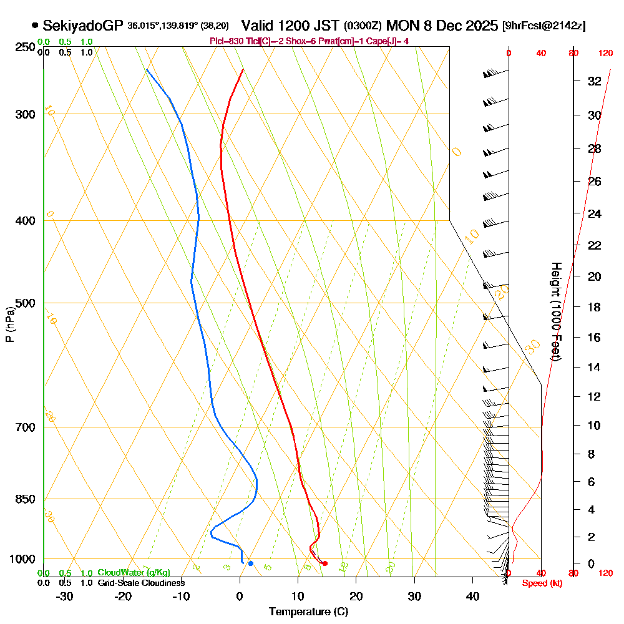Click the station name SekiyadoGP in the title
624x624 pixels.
pos(83,26)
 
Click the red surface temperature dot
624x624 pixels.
pos(324,563)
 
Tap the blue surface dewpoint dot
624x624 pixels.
pos(251,563)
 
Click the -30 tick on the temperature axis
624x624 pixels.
pos(65,596)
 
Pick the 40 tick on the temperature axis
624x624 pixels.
pos(472,596)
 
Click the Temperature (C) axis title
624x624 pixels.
pos(308,612)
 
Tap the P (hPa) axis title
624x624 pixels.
pos(9,324)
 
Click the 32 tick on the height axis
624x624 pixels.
pos(595,81)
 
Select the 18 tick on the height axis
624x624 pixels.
pos(595,307)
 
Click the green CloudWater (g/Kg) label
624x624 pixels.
pos(134,573)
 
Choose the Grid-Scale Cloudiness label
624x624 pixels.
pos(140,583)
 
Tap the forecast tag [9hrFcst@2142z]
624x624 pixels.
pos(544,26)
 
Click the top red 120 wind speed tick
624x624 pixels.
pos(605,54)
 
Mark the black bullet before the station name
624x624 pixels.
pos(35,26)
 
